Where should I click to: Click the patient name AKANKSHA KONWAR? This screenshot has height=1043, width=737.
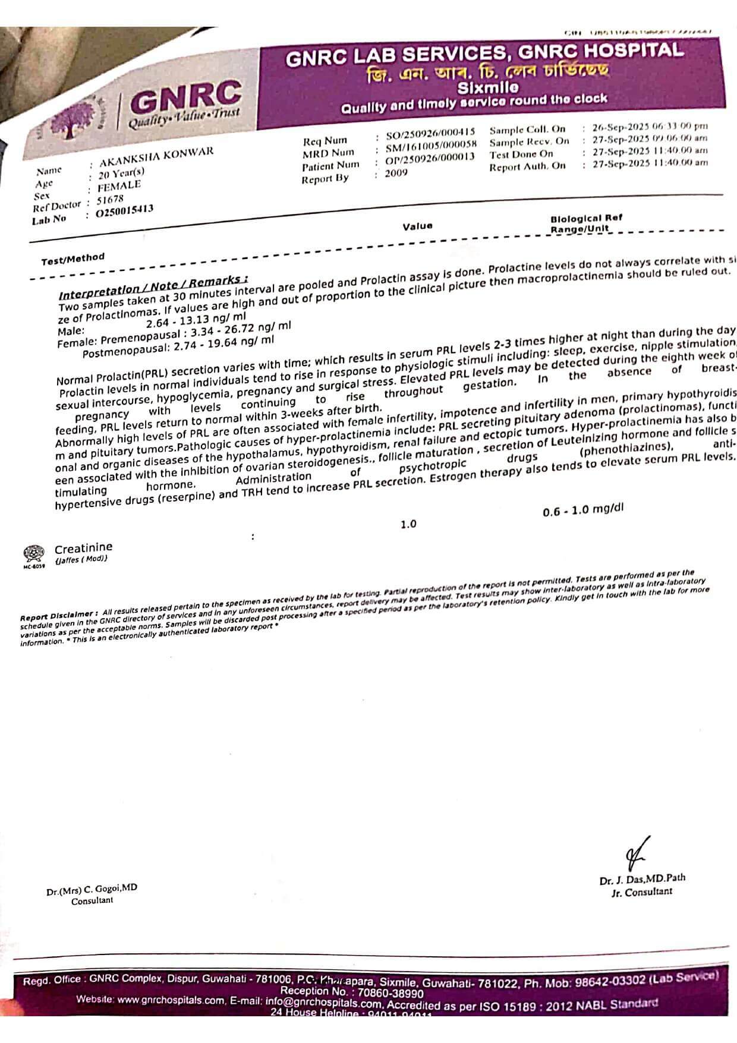[156, 157]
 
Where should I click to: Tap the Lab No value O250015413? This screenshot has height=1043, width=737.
[125, 210]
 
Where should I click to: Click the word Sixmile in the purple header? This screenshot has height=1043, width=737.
[487, 87]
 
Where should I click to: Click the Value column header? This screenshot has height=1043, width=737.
[417, 226]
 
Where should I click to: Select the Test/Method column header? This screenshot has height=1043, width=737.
[73, 259]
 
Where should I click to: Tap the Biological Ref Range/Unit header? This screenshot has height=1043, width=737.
[585, 223]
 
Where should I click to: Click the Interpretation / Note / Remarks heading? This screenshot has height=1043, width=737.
[153, 287]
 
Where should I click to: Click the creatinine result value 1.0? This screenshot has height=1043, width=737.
[408, 524]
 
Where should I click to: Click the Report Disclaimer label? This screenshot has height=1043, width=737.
[58, 615]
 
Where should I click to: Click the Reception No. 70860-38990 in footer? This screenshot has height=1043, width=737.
[352, 992]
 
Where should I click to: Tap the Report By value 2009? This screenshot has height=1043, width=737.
[396, 174]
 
